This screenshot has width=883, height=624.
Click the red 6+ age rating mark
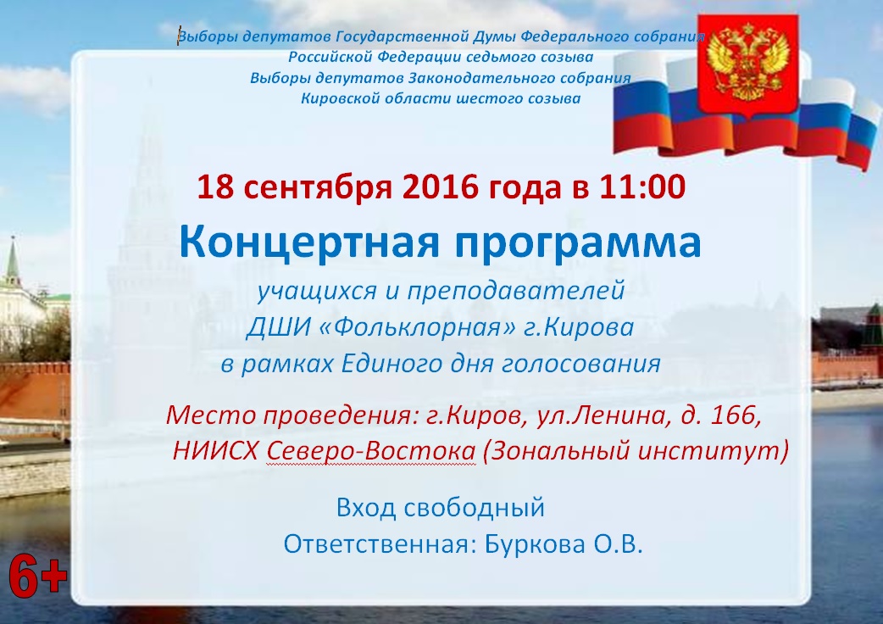coord(38,577)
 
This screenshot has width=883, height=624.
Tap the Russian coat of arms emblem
coord(748,66)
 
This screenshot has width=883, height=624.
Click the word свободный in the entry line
coord(475,509)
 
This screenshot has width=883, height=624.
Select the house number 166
coord(733,415)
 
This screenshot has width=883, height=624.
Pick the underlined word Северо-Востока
coord(371,451)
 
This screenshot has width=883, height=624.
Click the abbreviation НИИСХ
coord(216,451)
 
